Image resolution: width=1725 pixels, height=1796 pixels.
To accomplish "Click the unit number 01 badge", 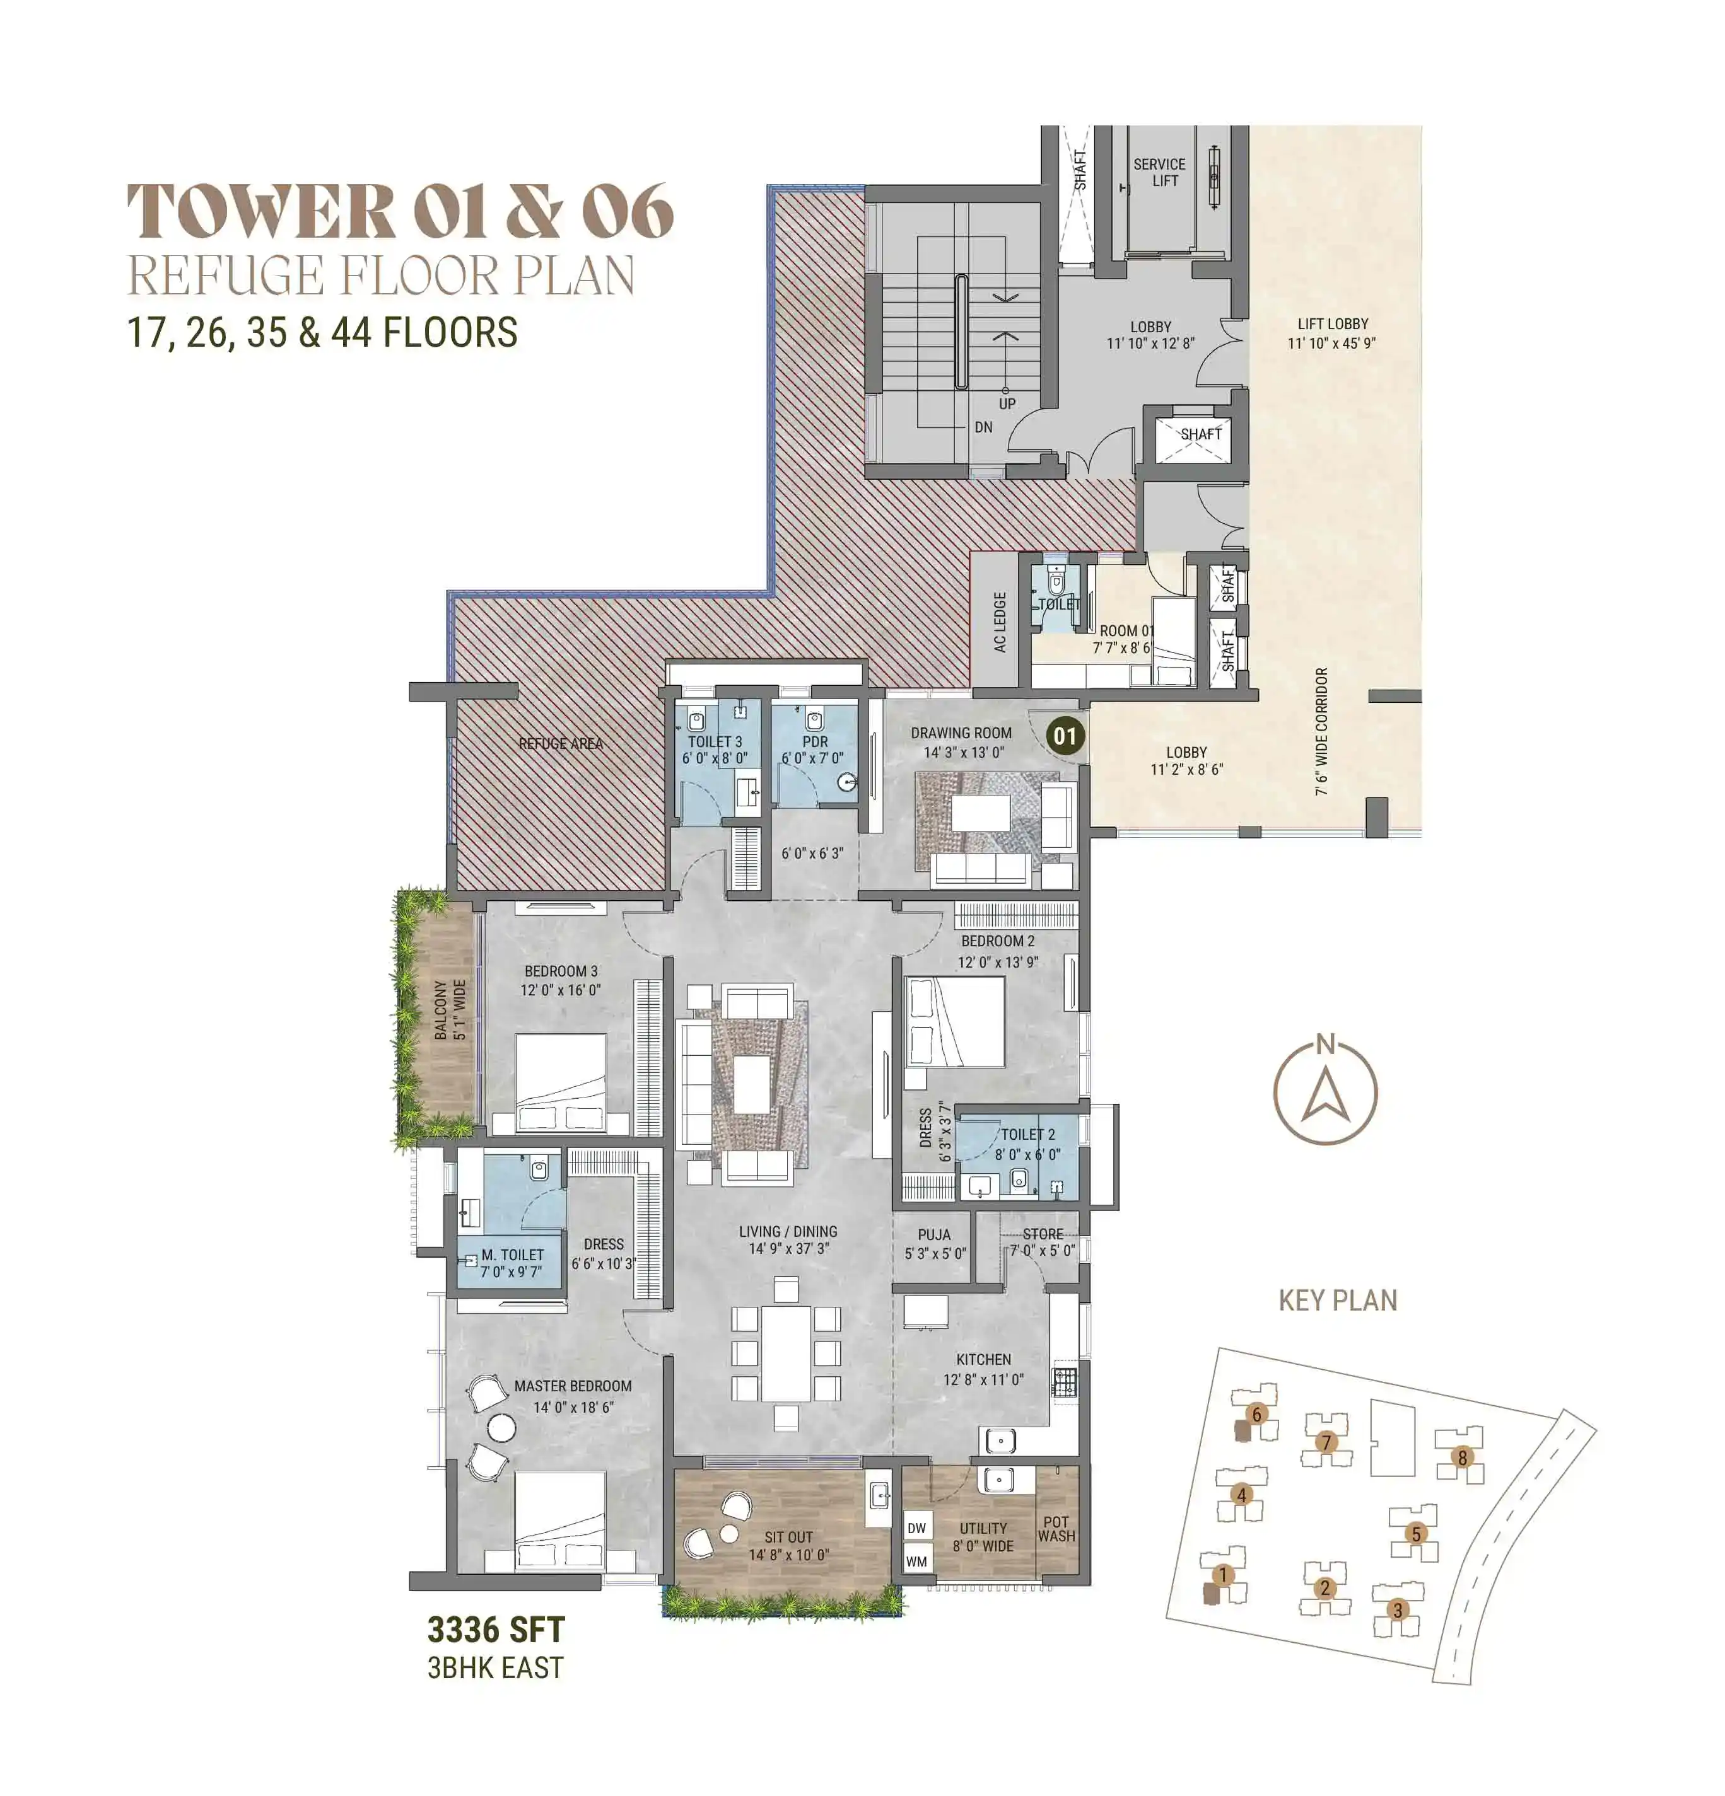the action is (1064, 736).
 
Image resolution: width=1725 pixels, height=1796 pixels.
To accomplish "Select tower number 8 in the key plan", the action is (1462, 1457).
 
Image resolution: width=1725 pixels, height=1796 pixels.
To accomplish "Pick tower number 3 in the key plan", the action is (1397, 1610).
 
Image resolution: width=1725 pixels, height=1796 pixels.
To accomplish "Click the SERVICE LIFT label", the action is (1159, 172).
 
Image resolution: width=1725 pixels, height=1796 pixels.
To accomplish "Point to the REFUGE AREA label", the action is (560, 743).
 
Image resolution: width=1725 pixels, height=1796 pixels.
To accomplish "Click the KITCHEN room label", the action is (983, 1360).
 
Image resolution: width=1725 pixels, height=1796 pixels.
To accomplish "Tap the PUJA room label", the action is (934, 1234).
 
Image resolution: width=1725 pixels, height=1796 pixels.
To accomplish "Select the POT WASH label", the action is (1056, 1529).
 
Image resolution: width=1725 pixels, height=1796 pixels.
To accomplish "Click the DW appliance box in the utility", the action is (916, 1527).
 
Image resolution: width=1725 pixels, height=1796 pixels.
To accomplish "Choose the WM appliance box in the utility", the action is (916, 1561).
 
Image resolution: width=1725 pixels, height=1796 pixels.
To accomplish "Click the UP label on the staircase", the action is (1007, 403).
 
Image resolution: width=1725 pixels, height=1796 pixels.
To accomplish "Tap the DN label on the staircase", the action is (983, 427).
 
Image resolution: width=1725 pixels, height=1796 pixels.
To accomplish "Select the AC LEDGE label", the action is (999, 622).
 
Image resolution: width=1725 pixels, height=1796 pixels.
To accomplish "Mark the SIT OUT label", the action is (788, 1537).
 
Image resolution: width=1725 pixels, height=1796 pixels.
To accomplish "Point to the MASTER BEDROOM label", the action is (572, 1386).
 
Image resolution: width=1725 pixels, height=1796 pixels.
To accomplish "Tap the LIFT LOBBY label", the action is (1332, 323).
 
